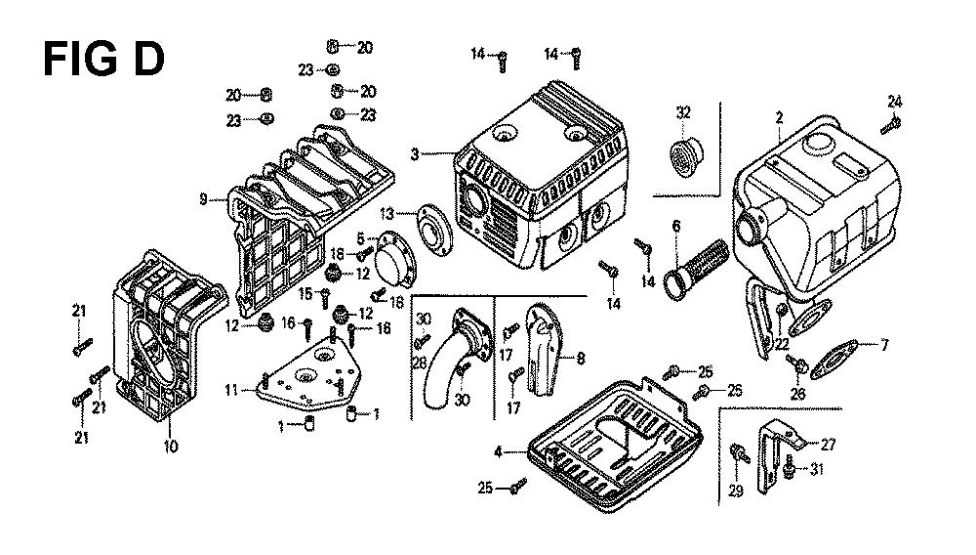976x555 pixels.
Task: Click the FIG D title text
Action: coord(103,60)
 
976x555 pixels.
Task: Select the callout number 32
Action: coord(683,114)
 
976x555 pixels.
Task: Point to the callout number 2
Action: coord(779,118)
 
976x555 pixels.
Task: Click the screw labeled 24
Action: coord(891,124)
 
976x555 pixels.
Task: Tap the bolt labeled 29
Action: coord(739,451)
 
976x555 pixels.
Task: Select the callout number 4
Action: coord(498,451)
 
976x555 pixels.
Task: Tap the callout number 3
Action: coord(415,153)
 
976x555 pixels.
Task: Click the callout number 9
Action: coord(203,198)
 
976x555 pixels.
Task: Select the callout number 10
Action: coord(170,447)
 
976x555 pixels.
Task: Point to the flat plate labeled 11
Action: coord(305,376)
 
